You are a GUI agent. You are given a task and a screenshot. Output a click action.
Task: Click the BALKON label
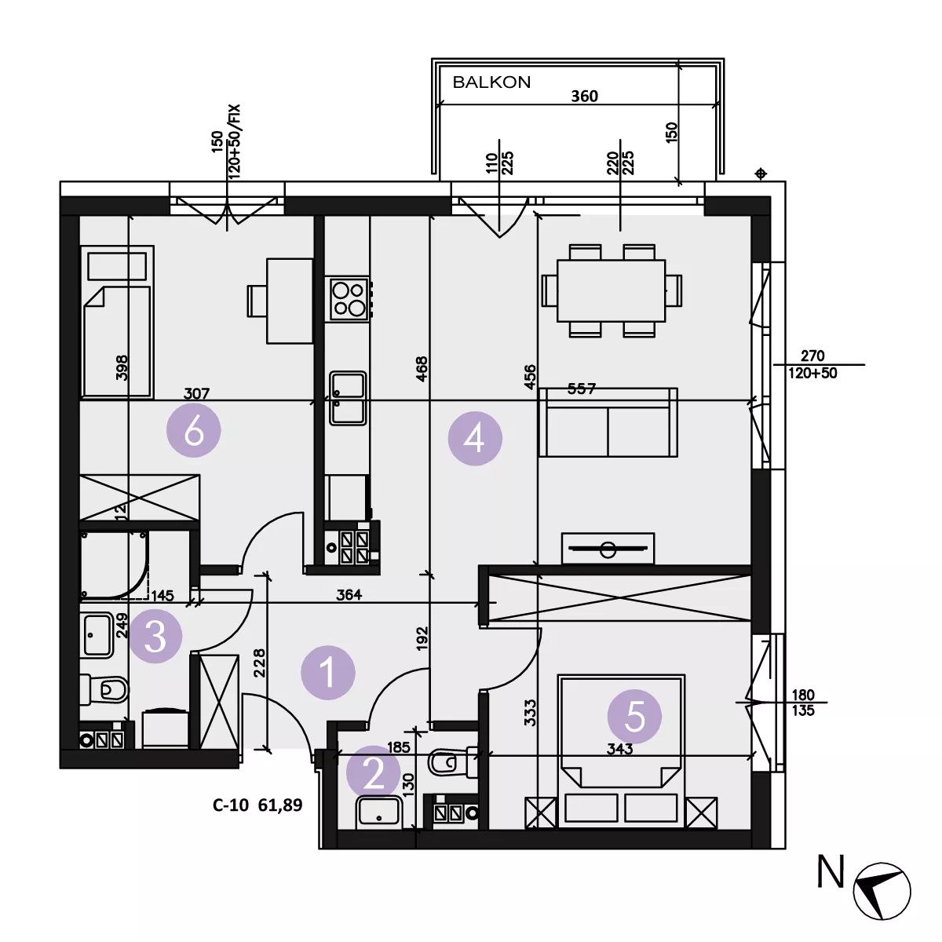(x=491, y=82)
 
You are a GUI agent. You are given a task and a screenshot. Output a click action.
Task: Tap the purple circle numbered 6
(x=194, y=430)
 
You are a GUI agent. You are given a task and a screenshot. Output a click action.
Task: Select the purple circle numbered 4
(x=475, y=438)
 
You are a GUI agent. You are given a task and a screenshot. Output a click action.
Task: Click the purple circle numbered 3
(x=155, y=636)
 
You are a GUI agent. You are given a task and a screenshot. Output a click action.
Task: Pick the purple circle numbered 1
(x=328, y=672)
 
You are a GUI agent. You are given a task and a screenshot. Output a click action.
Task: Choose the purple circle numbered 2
(x=374, y=773)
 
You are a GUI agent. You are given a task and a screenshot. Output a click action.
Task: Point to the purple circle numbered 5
(x=634, y=716)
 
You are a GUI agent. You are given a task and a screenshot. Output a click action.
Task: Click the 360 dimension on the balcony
(x=585, y=96)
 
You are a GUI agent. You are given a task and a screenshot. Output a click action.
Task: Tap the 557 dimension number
(x=582, y=389)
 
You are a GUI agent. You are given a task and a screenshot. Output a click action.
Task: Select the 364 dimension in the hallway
(x=349, y=594)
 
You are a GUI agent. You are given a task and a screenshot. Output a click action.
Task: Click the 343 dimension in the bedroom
(x=620, y=749)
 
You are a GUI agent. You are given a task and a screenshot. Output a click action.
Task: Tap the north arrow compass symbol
(x=882, y=891)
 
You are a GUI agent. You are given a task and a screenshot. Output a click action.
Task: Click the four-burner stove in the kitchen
(x=349, y=298)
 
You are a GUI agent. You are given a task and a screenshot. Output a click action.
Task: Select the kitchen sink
(x=348, y=398)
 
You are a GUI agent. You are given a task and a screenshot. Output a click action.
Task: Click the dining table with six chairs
(x=611, y=291)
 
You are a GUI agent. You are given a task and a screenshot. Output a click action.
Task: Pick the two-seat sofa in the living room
(x=608, y=422)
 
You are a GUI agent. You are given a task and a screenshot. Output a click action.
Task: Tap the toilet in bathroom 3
(x=104, y=689)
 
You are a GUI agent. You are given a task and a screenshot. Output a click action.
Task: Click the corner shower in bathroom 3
(x=114, y=565)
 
